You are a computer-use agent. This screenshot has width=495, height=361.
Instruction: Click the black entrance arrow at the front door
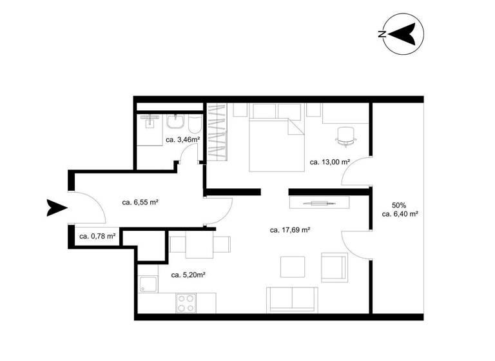57,208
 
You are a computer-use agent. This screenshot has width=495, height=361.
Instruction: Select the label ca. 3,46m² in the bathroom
182,139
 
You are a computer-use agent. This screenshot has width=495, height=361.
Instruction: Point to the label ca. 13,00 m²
329,162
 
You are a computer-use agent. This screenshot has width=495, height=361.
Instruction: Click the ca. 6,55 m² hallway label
141,202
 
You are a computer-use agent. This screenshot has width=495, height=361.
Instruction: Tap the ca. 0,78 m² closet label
97,236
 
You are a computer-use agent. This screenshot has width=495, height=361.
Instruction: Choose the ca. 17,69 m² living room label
290,229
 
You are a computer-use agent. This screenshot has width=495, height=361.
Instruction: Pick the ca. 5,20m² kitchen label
188,275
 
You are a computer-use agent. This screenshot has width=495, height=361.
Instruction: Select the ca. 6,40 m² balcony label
400,215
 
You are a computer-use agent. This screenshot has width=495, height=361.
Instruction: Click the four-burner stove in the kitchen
186,303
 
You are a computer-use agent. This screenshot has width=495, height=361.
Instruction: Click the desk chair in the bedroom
347,133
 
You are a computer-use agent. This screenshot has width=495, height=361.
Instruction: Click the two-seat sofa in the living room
292,299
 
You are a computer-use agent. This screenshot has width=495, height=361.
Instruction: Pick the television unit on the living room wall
320,202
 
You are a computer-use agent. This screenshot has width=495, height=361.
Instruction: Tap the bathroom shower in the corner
149,123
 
